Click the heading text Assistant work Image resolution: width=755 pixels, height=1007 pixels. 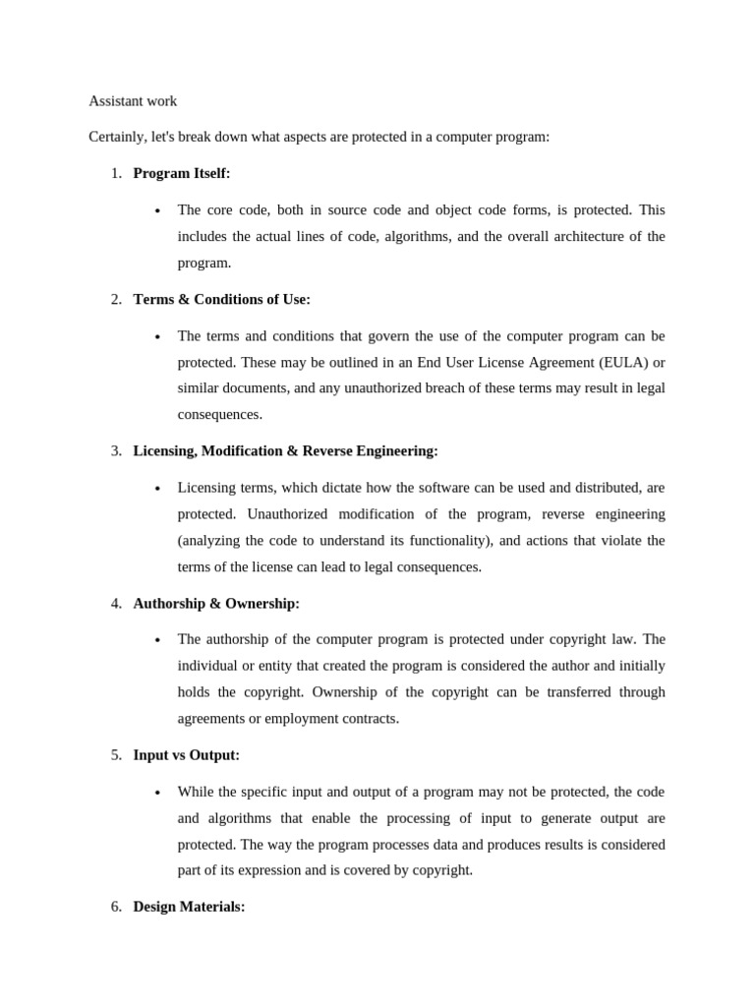133,101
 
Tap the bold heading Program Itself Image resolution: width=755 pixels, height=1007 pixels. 181,173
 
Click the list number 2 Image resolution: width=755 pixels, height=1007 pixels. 116,299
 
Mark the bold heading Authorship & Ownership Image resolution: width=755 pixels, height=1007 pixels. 216,603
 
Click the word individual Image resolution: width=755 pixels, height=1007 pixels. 208,666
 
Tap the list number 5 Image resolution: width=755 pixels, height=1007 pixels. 116,755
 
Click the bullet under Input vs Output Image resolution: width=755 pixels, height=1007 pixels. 157,793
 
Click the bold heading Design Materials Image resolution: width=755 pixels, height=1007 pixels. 189,907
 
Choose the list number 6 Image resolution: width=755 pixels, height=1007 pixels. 116,907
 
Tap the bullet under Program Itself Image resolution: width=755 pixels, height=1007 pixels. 157,210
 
